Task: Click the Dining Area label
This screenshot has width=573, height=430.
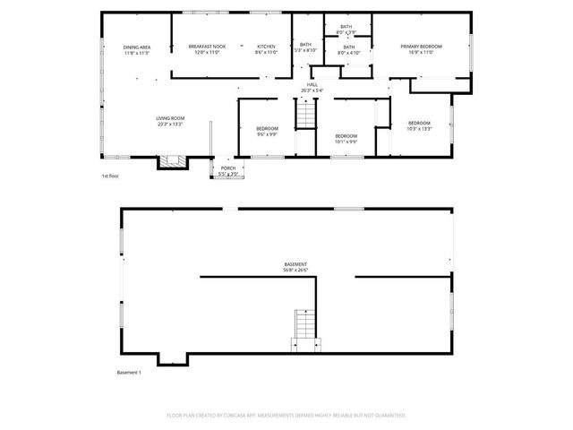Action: coord(136,49)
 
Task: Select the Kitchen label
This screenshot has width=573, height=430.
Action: coord(266,49)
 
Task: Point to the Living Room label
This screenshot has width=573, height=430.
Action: coord(170,121)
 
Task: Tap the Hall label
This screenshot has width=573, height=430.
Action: coord(312,88)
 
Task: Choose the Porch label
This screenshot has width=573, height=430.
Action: coord(228,170)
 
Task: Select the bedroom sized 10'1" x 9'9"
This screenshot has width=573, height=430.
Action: coord(346,138)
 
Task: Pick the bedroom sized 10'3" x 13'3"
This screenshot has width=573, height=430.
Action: coord(419,125)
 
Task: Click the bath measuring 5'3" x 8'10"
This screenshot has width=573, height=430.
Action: coord(305,47)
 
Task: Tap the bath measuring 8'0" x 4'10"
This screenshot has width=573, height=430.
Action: coord(348,49)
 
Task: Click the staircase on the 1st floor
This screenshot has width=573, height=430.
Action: coord(307,115)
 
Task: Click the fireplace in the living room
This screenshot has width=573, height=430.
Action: coord(171,162)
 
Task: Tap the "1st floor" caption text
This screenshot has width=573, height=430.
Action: coord(110,176)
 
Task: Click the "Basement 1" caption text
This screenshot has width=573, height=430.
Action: coord(129,373)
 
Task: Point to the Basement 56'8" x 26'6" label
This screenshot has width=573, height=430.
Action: coord(295,267)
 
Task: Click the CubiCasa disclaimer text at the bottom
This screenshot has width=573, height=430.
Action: coord(286,415)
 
